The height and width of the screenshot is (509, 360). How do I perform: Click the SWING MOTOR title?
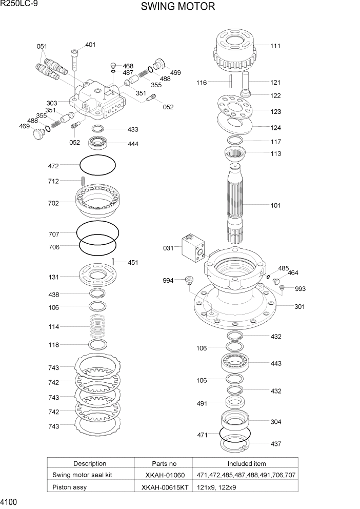(178, 7)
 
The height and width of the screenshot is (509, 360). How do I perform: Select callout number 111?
(275, 46)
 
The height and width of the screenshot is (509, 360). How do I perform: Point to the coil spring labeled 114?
(97, 326)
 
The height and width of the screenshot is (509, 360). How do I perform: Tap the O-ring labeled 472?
(97, 166)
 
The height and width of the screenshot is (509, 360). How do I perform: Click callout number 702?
(53, 203)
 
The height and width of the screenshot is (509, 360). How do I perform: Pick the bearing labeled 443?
(235, 363)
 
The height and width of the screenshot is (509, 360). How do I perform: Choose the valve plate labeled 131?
(97, 276)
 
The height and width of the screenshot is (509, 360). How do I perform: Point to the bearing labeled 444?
(102, 144)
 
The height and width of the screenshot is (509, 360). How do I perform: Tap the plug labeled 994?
(189, 280)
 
